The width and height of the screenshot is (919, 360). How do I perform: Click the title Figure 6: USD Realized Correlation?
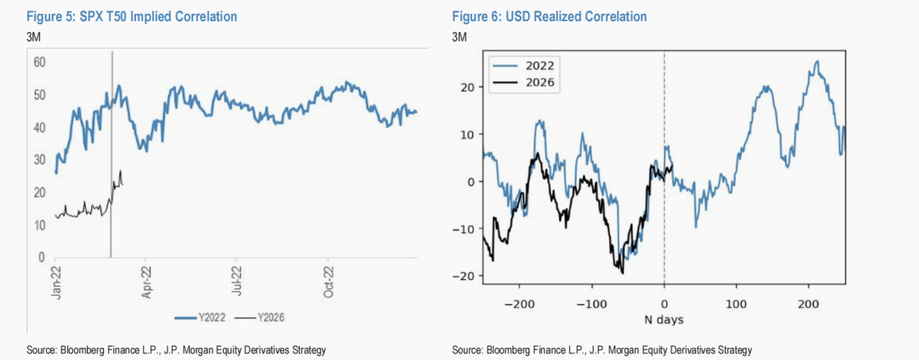pos(549,16)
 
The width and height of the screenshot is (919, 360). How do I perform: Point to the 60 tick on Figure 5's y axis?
pos(39,62)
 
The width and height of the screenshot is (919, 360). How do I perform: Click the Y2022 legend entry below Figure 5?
pos(201,317)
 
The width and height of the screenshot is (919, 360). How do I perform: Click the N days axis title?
pos(663,320)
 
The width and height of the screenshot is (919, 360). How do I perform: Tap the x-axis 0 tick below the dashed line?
pos(664,303)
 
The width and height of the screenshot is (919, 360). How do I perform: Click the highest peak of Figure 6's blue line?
pos(817,61)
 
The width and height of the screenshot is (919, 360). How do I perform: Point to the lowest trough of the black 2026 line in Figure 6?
pos(623,273)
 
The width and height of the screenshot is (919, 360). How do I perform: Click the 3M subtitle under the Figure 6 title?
pos(459,36)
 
